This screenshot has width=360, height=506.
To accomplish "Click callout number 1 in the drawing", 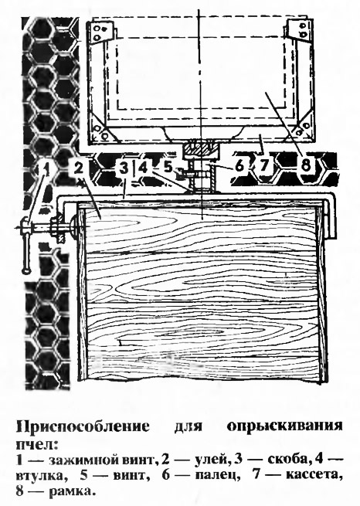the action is (46, 169).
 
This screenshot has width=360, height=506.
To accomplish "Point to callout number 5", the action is (168, 167).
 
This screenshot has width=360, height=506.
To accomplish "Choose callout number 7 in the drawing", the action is (264, 166).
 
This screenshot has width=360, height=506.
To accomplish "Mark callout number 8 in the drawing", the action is (306, 164).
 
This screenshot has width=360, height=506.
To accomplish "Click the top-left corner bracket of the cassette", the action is (102, 32).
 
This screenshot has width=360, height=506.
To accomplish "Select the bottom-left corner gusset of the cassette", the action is (104, 129).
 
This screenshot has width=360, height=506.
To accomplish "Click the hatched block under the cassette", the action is (199, 148).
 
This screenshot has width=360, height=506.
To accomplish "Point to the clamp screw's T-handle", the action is (25, 245).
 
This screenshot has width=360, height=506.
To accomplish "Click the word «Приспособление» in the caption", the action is (83, 426).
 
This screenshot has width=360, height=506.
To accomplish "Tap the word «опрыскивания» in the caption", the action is (284, 426).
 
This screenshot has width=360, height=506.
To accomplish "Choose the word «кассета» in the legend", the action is (314, 475).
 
